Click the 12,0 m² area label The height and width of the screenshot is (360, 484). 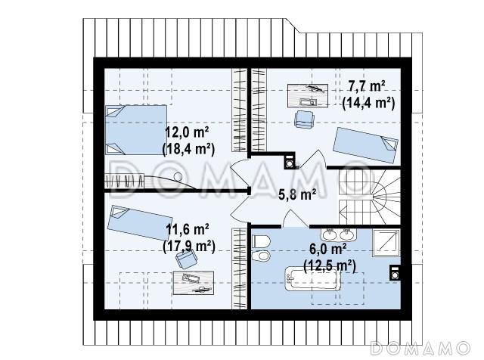tap(187, 132)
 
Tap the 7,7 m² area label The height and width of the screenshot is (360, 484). tap(367, 86)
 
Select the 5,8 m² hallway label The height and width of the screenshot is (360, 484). tap(297, 194)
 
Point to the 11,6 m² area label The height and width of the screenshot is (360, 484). tap(187, 229)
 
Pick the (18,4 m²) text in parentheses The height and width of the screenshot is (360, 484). tap(188, 149)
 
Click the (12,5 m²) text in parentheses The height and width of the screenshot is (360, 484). tap(330, 265)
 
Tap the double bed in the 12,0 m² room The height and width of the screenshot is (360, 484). tap(136, 129)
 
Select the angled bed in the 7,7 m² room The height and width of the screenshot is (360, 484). tap(365, 144)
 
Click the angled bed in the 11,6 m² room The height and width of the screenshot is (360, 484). tap(140, 222)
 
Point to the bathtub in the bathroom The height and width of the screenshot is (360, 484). tap(312, 279)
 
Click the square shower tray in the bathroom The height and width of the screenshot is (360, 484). tap(386, 242)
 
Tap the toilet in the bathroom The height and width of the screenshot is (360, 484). tap(261, 241)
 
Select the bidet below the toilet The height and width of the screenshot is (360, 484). tap(261, 256)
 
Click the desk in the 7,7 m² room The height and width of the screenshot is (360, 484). tap(308, 96)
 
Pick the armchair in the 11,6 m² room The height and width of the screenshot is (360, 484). tap(187, 259)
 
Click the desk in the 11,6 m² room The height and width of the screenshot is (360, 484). tap(194, 283)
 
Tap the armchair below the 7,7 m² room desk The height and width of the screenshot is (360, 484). tap(305, 119)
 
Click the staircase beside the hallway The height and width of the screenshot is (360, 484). tap(370, 197)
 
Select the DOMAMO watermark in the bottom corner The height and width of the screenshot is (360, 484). tap(420, 348)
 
